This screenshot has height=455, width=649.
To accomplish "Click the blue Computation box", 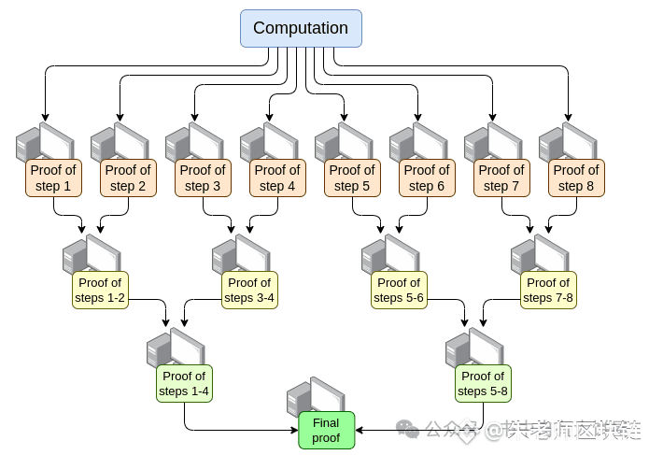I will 301,28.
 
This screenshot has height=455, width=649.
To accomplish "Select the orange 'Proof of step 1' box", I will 53,178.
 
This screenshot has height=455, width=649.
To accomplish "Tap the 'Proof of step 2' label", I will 128,178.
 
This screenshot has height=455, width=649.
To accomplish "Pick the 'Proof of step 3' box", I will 203,178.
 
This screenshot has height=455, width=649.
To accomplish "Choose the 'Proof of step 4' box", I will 277,178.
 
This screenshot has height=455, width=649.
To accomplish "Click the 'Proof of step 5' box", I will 352,178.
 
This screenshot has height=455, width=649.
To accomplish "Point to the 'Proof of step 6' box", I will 427,178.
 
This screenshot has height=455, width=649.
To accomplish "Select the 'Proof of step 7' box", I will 501,178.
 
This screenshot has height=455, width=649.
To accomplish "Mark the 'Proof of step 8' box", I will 576,178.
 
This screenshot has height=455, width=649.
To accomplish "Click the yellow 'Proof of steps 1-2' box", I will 100,290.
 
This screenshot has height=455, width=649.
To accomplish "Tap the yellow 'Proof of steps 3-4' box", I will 249,290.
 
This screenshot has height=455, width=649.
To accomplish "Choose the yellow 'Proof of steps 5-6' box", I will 399,290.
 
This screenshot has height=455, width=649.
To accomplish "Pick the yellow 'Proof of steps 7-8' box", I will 548,290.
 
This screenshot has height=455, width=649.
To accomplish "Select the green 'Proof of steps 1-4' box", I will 184,383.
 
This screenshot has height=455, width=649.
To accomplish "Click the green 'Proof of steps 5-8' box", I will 483,383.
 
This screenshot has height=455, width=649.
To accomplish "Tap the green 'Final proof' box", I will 326,430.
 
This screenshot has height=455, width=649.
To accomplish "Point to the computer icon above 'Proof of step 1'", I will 43,142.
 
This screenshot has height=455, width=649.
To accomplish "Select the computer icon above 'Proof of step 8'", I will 566,142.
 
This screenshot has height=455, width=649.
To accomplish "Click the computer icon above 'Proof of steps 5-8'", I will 473,348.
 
